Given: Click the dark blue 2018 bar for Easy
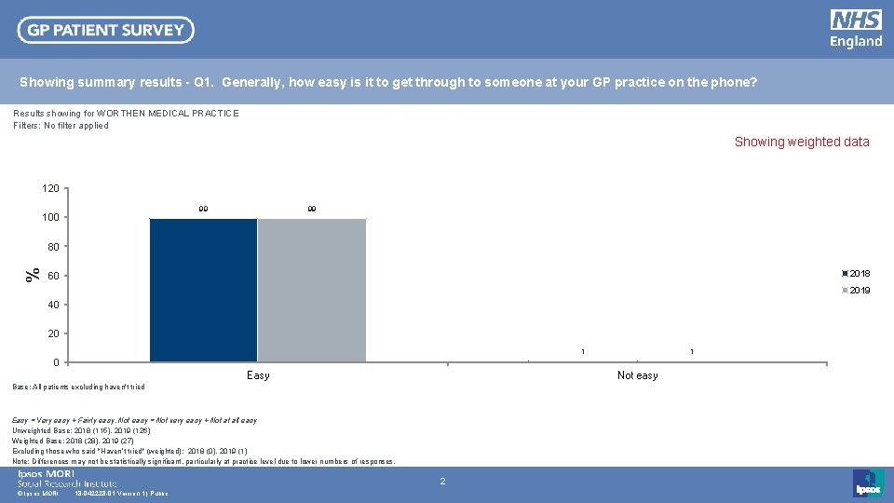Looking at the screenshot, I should click(x=203, y=290).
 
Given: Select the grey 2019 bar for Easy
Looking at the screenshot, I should click(x=312, y=290).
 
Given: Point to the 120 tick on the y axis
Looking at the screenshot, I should click(x=50, y=189).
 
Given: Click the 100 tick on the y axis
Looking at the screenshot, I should click(x=50, y=218).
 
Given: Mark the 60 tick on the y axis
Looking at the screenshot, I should click(x=54, y=277).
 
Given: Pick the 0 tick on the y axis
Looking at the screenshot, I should click(x=57, y=362).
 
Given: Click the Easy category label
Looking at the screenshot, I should click(x=258, y=375).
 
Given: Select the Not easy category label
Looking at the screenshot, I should click(x=637, y=375).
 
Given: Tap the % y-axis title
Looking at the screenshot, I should click(x=33, y=275).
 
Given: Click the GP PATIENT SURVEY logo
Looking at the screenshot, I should click(x=106, y=30).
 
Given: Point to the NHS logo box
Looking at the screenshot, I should click(x=856, y=20).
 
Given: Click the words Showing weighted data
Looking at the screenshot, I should click(x=802, y=143).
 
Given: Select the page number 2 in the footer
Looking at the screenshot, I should click(x=443, y=482).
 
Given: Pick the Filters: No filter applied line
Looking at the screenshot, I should click(x=61, y=126).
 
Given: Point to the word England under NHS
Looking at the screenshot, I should click(x=856, y=42).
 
